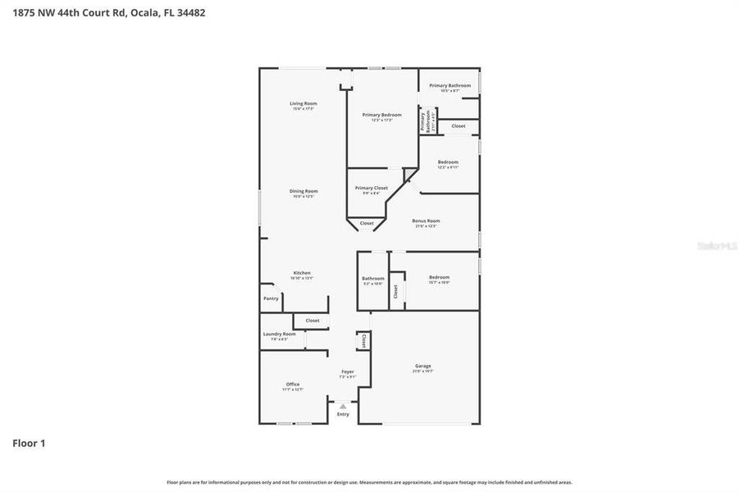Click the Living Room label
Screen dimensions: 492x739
[303, 103]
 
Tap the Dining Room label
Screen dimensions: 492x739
[303, 191]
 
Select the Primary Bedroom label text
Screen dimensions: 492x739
[381, 115]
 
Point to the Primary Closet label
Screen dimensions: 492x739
[371, 188]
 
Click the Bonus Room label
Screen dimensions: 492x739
[426, 221]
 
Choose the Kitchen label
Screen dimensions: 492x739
[302, 273]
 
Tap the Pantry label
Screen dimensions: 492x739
[271, 298]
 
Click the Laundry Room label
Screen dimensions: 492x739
[279, 334]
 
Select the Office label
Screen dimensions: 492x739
[293, 384]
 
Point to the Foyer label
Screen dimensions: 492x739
[348, 371]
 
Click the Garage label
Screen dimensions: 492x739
[422, 366]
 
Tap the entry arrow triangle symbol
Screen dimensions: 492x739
[343, 406]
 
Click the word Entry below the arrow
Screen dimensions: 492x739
[343, 414]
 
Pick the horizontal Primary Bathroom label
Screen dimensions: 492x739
[449, 85]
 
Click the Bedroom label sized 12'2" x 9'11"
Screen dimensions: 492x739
[447, 162]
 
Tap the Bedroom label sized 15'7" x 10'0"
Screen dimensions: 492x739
[439, 277]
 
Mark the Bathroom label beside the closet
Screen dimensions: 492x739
[372, 278]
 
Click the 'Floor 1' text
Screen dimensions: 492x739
[29, 444]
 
